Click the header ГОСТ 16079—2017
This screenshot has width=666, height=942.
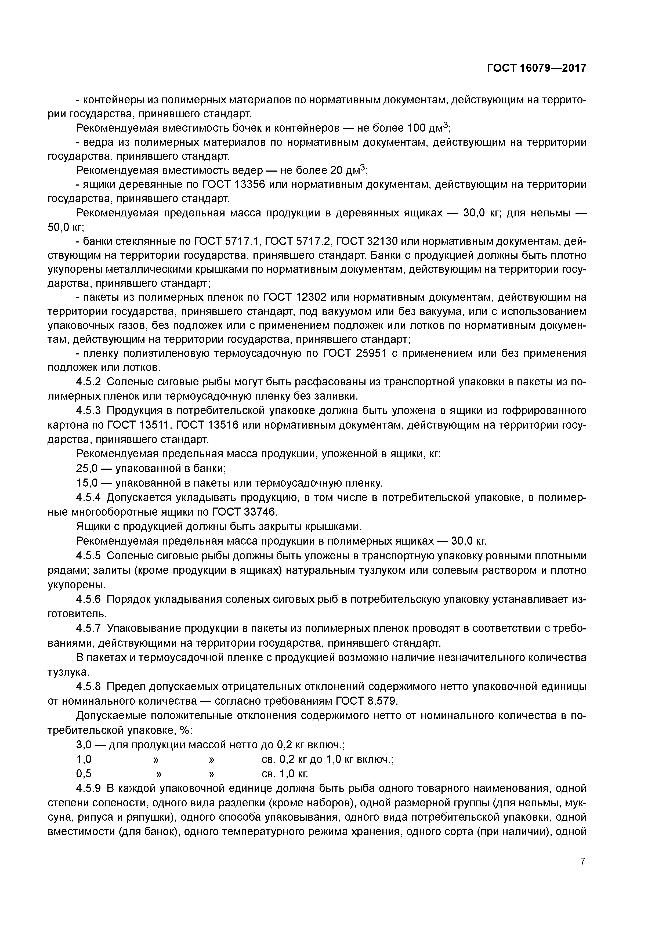click(536, 68)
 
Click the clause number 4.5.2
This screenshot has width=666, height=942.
click(88, 382)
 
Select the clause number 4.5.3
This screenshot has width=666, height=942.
click(88, 411)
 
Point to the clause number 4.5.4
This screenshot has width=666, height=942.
click(88, 498)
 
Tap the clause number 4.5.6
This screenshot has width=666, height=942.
click(88, 599)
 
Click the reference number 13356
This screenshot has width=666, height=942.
click(250, 185)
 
